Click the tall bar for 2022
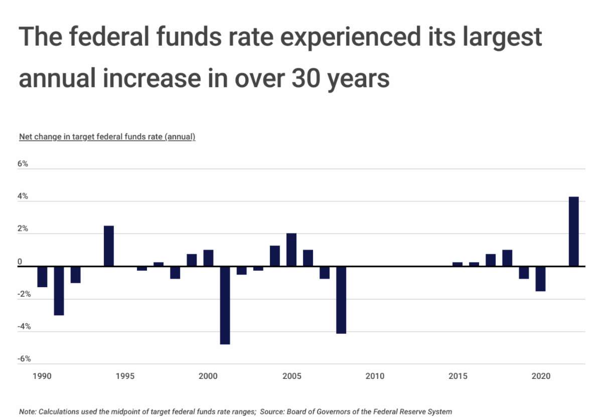574,231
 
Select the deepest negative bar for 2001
225,305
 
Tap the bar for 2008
341,300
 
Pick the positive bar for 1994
109,246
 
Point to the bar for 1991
59,291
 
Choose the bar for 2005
291,250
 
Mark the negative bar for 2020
540,279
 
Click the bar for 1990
43,277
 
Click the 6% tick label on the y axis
24,164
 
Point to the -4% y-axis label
25,327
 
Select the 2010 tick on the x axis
375,376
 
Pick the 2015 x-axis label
458,376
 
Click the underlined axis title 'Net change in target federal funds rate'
107,137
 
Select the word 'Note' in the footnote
28,411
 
